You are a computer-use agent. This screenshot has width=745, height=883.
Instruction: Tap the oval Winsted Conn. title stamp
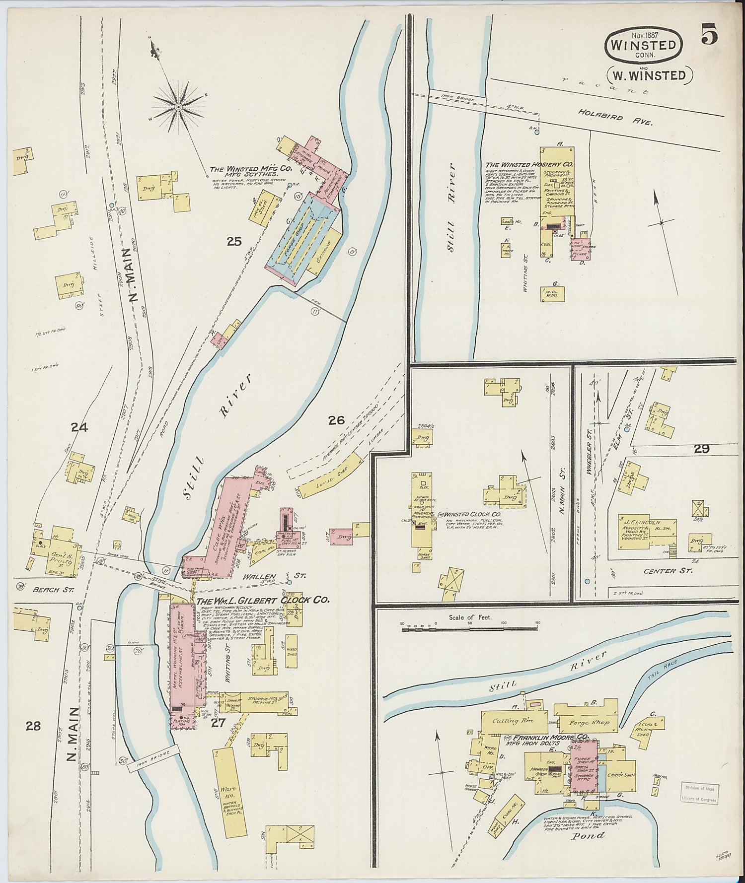[643, 46]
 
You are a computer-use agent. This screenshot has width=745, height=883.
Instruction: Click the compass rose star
[178, 106]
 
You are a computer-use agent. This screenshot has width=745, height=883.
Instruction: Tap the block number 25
[234, 242]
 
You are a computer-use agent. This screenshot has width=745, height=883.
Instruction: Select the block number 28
[33, 726]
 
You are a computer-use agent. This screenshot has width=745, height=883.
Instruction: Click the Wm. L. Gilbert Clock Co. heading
[263, 600]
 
